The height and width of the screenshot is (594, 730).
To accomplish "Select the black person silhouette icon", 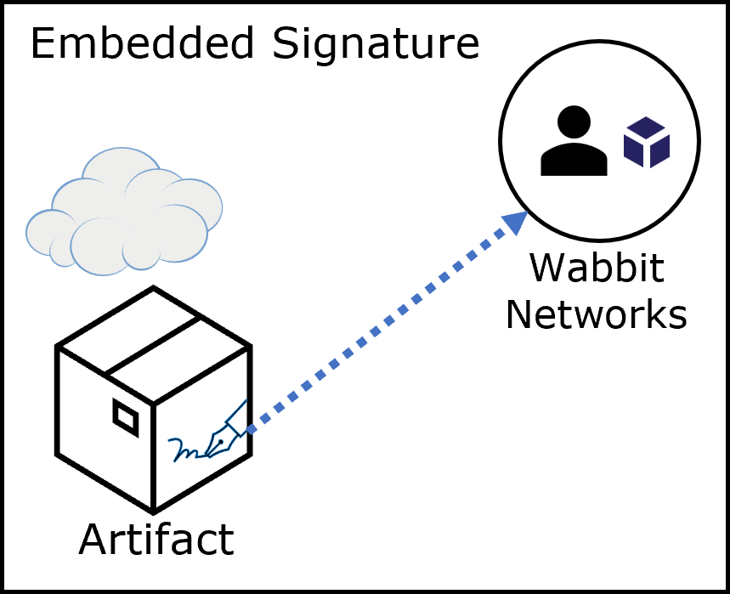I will [x=574, y=141].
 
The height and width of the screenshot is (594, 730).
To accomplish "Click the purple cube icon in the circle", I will [x=647, y=142].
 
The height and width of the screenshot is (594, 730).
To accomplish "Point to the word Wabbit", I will [x=596, y=269].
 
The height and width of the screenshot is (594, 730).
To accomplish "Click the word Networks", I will [x=596, y=315].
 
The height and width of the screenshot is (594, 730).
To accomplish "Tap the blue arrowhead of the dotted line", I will [x=515, y=223].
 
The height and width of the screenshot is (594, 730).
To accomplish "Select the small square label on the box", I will [x=126, y=417].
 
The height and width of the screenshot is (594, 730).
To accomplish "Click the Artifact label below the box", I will [x=156, y=540].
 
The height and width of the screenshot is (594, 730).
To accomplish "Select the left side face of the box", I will [x=104, y=425].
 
